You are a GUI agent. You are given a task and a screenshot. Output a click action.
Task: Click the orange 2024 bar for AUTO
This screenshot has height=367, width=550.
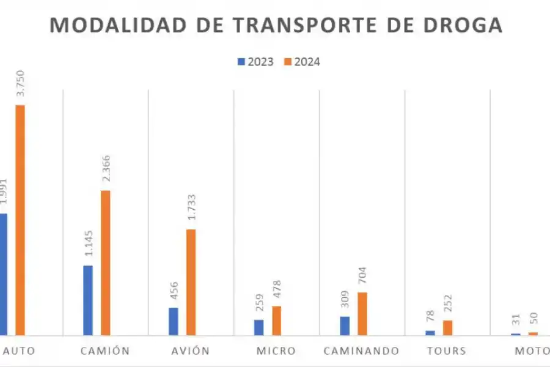(x=20, y=220)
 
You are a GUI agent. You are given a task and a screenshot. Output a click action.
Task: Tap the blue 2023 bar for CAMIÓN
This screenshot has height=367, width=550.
(x=88, y=300)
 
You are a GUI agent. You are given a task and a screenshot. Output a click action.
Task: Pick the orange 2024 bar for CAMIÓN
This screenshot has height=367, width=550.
(x=106, y=262)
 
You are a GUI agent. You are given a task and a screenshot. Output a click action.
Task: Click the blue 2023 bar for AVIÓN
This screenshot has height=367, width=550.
(x=174, y=321)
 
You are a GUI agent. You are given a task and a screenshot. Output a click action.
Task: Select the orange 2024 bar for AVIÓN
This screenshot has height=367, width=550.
(x=191, y=282)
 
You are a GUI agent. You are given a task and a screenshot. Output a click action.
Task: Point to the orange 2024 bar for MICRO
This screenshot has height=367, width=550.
(x=277, y=321)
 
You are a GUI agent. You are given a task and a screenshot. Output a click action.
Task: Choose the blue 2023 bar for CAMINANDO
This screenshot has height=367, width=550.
(x=345, y=325)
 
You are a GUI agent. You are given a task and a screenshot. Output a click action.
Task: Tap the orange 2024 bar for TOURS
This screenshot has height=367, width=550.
(x=448, y=327)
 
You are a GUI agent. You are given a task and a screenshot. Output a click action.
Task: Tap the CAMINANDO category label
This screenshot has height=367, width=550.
(x=361, y=351)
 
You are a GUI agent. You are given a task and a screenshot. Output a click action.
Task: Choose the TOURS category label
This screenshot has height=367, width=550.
(x=447, y=351)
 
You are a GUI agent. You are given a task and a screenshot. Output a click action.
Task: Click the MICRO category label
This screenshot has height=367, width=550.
(x=276, y=351)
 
